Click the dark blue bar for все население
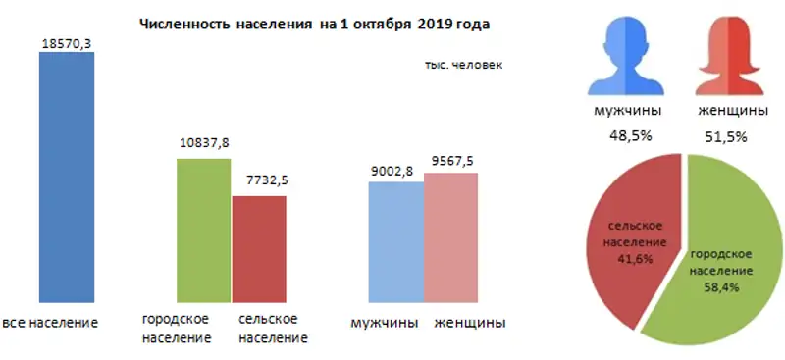click(67, 177)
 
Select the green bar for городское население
click(203, 231)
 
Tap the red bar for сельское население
click(258, 249)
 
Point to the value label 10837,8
click(203, 143)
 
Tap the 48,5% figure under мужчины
click(625, 136)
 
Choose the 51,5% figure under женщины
click(726, 136)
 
